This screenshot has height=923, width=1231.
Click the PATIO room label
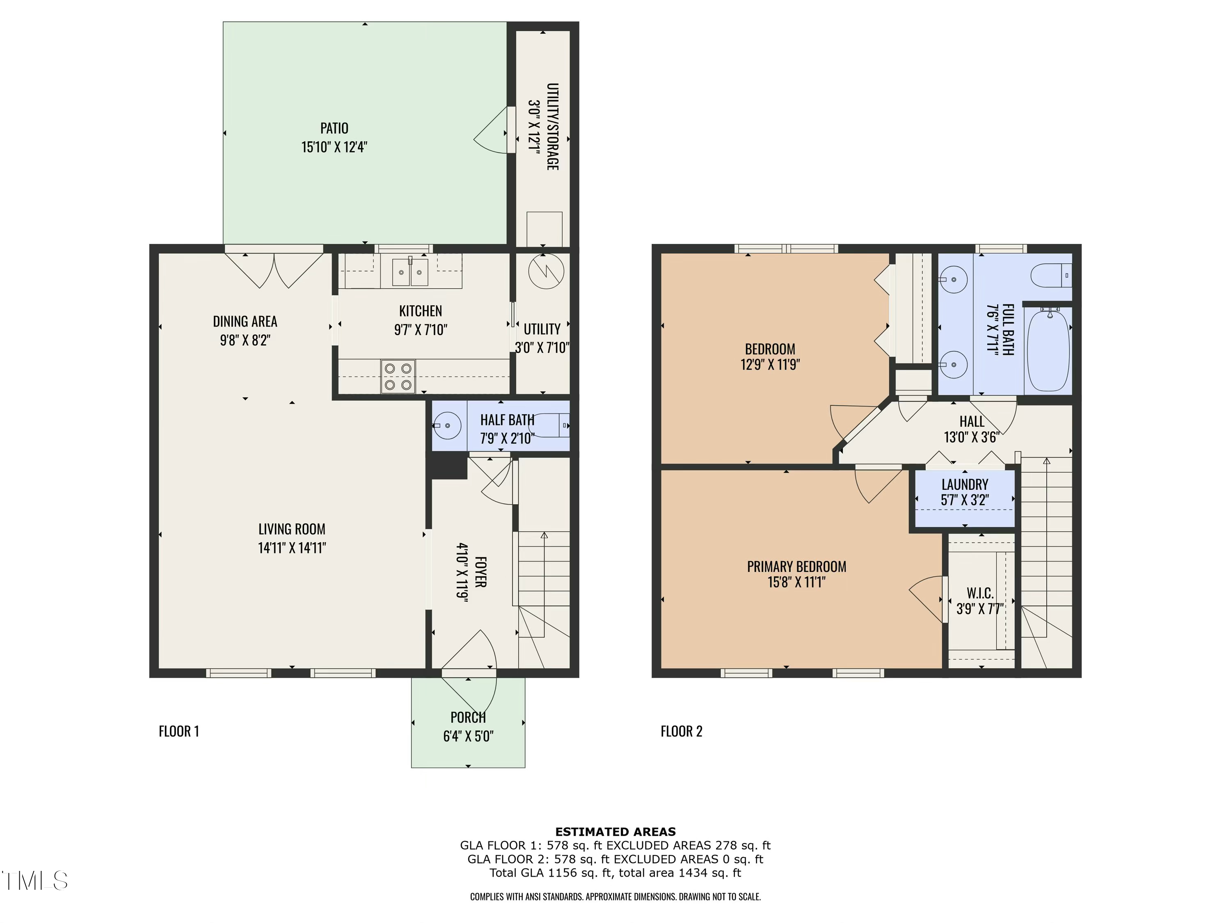334,128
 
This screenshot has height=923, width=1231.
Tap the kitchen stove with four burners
398,377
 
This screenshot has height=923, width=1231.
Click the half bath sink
447,426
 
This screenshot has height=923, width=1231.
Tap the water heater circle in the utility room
547,272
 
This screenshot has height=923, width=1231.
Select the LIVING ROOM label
292,529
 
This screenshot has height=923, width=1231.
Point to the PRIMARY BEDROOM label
796,567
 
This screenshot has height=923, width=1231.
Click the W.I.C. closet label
980,593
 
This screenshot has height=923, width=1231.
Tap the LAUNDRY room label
965,484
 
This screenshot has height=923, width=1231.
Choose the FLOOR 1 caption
178,731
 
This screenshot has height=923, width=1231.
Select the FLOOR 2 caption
681,731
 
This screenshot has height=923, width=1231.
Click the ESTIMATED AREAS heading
615,832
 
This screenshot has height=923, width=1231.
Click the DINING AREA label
245,322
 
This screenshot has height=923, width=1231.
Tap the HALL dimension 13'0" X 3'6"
972,437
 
